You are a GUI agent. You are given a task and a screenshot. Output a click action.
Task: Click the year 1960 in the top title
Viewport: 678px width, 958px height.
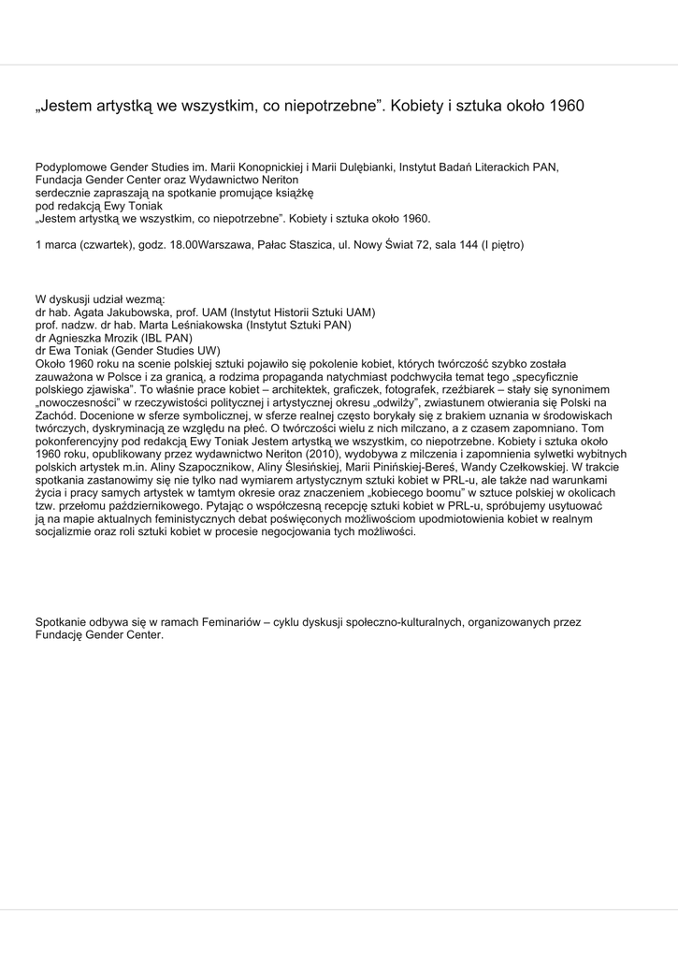coord(567,106)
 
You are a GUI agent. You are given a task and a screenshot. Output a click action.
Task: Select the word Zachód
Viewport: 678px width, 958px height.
coord(55,414)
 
